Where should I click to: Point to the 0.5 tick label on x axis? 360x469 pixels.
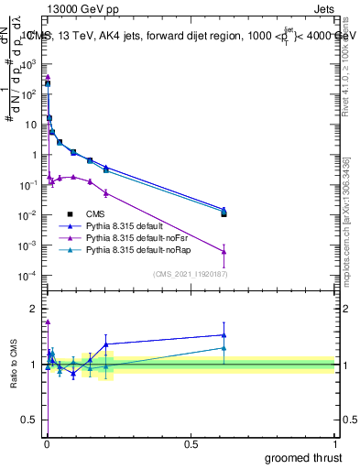pyautogui.click(x=191, y=443)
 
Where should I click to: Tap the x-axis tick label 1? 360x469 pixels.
pyautogui.click(x=334, y=443)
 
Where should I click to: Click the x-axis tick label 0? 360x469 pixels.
pyautogui.click(x=47, y=443)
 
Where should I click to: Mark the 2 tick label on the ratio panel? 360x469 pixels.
pyautogui.click(x=33, y=308)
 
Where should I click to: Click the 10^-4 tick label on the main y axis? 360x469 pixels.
pyautogui.click(x=28, y=276)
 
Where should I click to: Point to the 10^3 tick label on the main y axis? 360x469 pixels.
pyautogui.click(x=28, y=65)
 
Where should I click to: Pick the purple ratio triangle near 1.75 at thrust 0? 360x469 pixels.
pyautogui.click(x=48, y=322)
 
